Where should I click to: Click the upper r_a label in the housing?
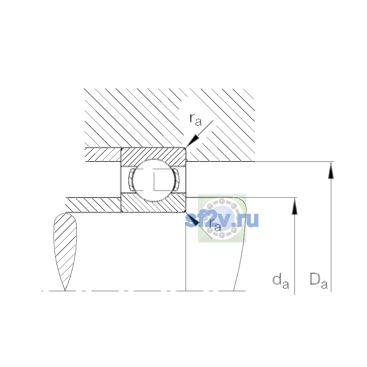[x=195, y=120]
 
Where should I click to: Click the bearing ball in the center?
[x=154, y=180]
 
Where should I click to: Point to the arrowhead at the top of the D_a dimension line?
[x=331, y=170]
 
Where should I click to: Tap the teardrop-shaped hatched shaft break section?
[x=65, y=251]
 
